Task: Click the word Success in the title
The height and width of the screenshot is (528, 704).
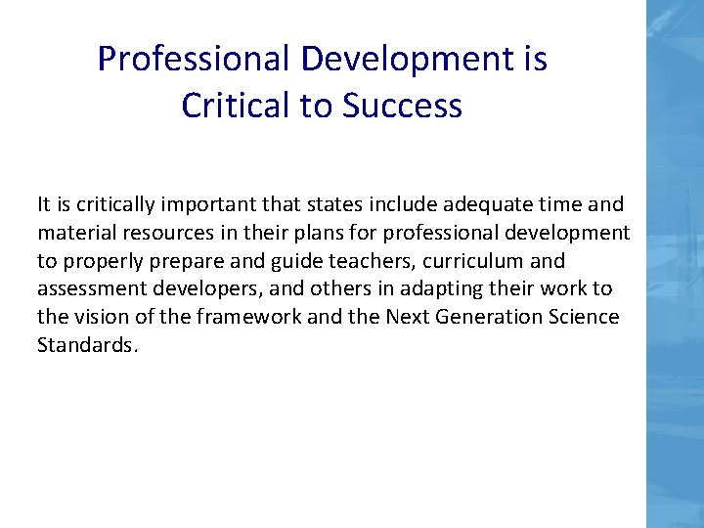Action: [403, 106]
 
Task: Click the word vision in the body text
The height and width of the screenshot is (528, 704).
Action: [99, 318]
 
